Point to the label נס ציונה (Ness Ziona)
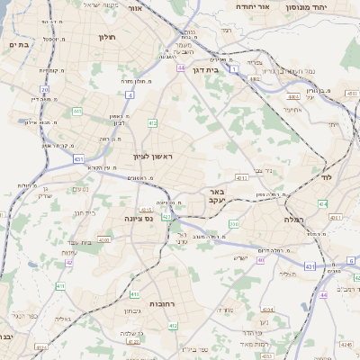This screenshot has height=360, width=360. [143, 218]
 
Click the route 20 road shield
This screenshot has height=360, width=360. [44, 89]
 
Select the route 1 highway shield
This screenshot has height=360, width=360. [233, 68]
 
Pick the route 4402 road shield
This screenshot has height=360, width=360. [255, 79]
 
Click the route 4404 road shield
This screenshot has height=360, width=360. [292, 94]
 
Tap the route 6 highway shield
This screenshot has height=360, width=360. [350, 260]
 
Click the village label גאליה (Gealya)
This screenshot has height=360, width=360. [61, 318]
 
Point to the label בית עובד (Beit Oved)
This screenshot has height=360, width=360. [80, 241]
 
